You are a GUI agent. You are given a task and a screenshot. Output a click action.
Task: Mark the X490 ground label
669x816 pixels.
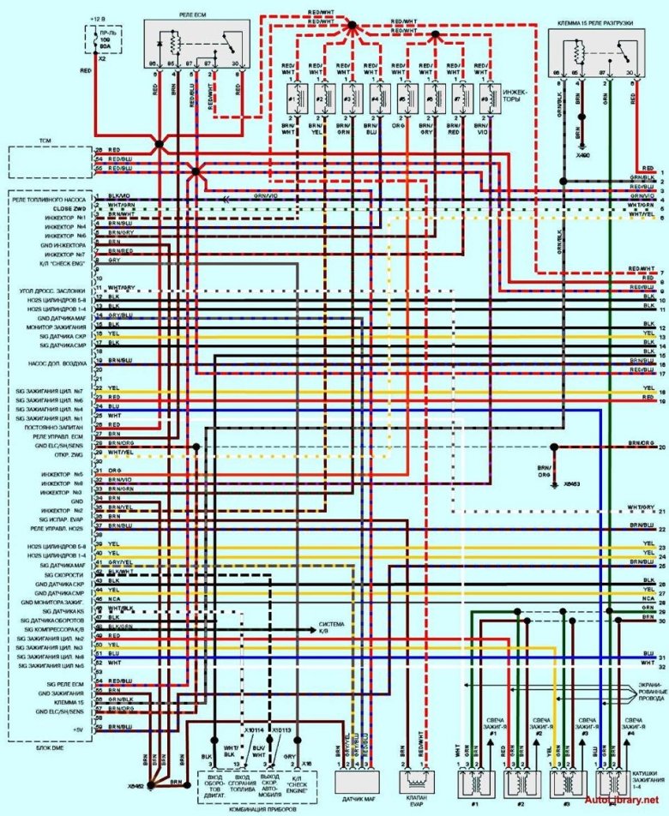(x=584, y=157)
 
